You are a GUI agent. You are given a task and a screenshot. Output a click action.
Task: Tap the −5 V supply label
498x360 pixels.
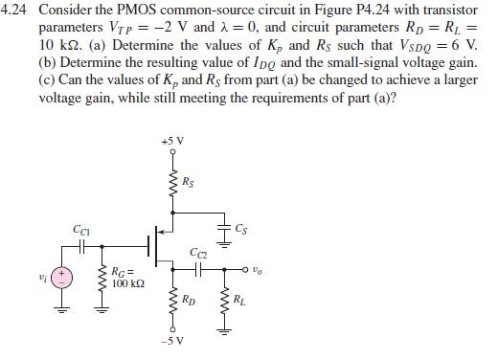[173, 340]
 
